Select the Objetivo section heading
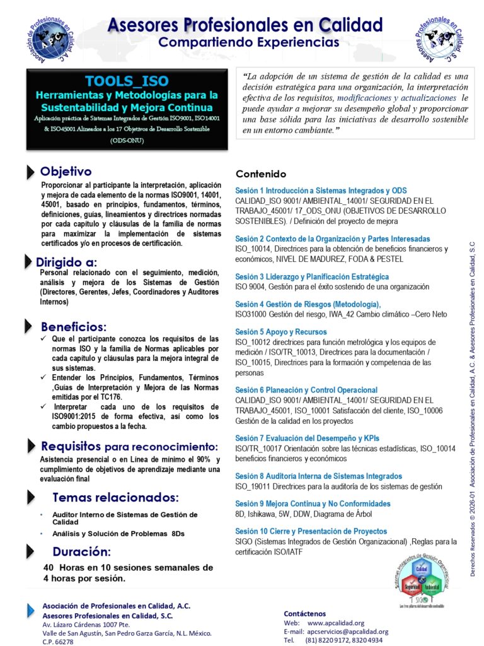point(66,172)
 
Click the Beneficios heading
point(74,327)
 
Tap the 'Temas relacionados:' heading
point(115,496)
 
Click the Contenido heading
point(261,174)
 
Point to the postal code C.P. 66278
point(58,642)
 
